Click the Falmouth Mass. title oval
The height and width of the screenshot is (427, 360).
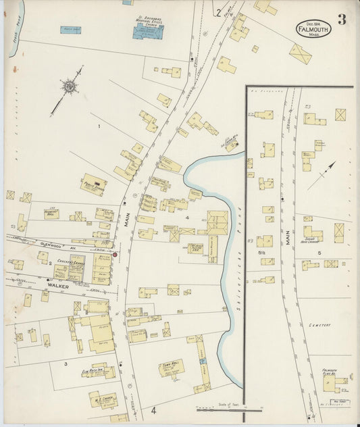pos(313,28)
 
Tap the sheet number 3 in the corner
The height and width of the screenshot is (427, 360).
pos(342,20)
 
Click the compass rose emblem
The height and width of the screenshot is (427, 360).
pos(69,86)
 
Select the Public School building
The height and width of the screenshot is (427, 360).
pos(93,184)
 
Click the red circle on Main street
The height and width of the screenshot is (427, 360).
pos(115,254)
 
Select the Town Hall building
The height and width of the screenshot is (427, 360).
pos(171,368)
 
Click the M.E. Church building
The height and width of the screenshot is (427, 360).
pos(103,400)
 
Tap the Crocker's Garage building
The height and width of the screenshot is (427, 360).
pos(70,268)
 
